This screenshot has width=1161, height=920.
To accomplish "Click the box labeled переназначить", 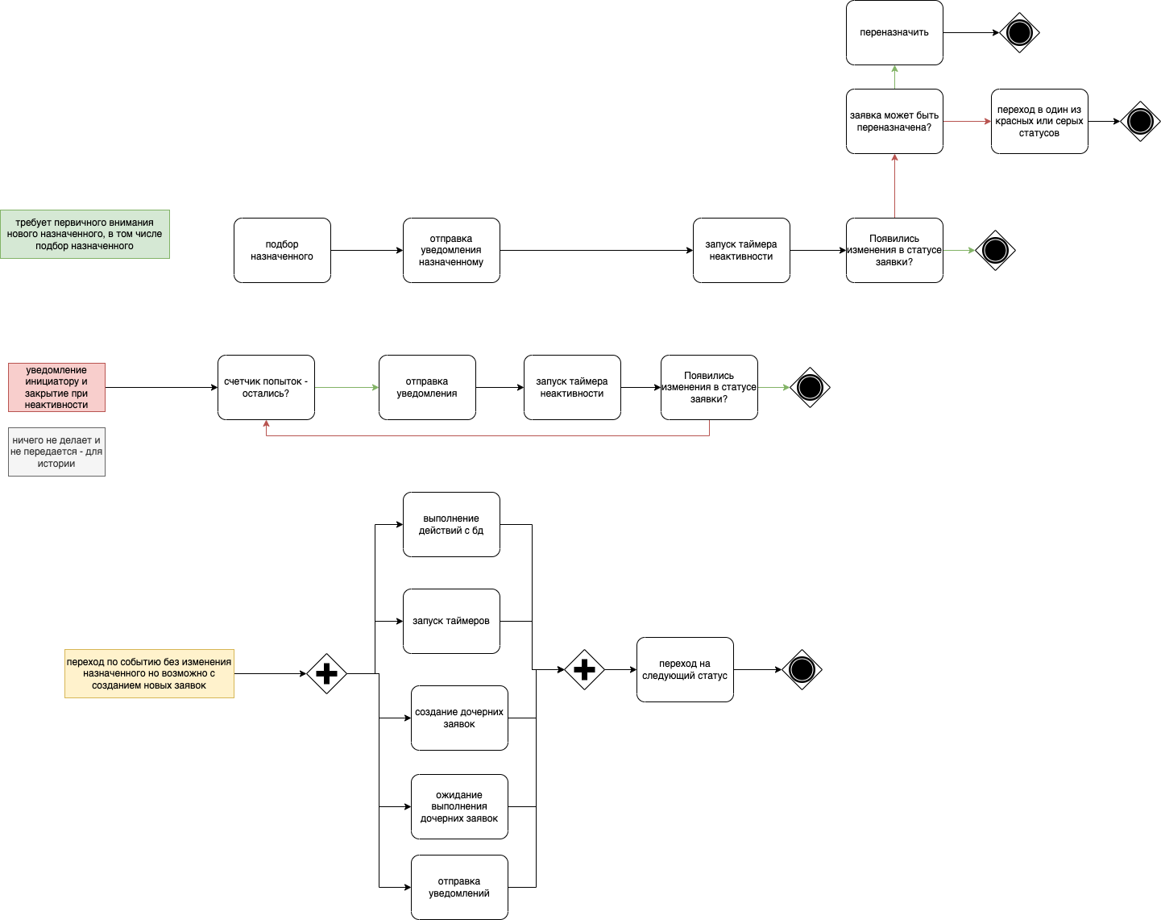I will click(x=894, y=33).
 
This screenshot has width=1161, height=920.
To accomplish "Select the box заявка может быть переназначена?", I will click(x=894, y=121).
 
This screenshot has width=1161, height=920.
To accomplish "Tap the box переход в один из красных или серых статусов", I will click(x=1039, y=121).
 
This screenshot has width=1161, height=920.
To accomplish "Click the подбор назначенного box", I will click(x=282, y=250).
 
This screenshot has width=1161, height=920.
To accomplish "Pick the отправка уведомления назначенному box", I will click(x=451, y=250).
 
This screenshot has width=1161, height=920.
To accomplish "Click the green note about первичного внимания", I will click(x=85, y=234).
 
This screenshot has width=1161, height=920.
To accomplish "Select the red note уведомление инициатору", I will click(x=56, y=387).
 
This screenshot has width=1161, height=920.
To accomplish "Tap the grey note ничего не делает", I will click(x=56, y=452).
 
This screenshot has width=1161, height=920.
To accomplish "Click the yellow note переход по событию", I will click(x=149, y=673).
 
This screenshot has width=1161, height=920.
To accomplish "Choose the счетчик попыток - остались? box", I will click(x=266, y=387).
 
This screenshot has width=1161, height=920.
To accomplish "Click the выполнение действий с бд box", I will click(x=451, y=524).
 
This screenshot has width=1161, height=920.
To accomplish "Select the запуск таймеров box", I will click(x=451, y=621).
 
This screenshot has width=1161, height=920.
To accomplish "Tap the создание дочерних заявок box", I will click(x=459, y=718).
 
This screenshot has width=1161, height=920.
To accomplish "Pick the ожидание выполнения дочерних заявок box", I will click(x=459, y=806).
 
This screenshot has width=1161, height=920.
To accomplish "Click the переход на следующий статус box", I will click(x=685, y=669).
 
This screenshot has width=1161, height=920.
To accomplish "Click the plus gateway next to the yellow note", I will click(x=326, y=673).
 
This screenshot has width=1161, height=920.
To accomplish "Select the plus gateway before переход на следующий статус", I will click(x=584, y=669).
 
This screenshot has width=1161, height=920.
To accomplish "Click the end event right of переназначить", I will click(x=1019, y=33).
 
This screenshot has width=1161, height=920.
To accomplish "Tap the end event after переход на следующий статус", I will click(x=802, y=669).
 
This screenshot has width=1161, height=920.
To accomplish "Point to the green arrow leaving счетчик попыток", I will click(x=346, y=387).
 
